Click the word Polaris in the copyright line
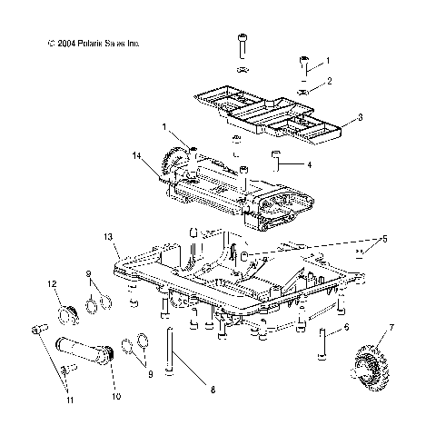tap(78, 43)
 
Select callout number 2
tap(329, 82)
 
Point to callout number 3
tap(334, 117)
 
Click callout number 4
tap(309, 164)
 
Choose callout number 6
tap(346, 329)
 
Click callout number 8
tap(212, 415)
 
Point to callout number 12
tap(52, 285)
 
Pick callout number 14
tap(135, 157)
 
